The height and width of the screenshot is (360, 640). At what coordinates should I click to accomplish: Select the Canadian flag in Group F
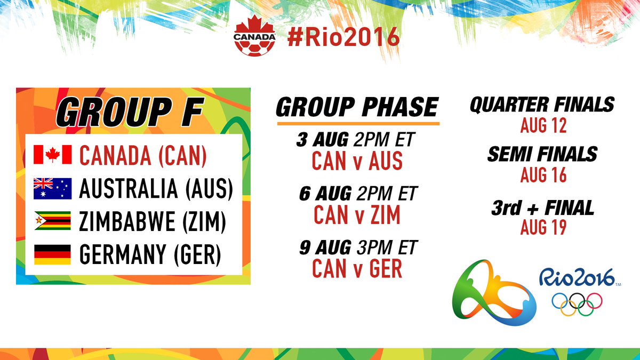coord(52,155)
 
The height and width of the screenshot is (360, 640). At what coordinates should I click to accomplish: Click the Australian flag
coord(52,188)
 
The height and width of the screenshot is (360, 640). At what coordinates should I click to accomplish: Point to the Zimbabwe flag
coord(52,221)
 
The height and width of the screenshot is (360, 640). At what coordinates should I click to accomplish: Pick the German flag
coord(52,254)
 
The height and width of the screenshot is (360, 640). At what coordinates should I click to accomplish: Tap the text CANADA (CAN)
coord(142,155)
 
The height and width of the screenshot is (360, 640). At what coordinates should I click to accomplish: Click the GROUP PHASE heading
coord(356,108)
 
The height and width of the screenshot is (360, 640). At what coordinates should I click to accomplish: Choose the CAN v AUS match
coord(357,161)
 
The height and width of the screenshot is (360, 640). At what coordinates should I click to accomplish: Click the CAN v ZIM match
coord(357,215)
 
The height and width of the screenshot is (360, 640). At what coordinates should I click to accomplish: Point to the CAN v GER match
coord(357,269)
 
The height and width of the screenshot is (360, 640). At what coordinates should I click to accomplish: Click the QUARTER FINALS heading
coord(542,105)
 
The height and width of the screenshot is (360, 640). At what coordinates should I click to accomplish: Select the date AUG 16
coord(543,175)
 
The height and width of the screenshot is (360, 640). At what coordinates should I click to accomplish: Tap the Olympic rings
coord(577,303)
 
